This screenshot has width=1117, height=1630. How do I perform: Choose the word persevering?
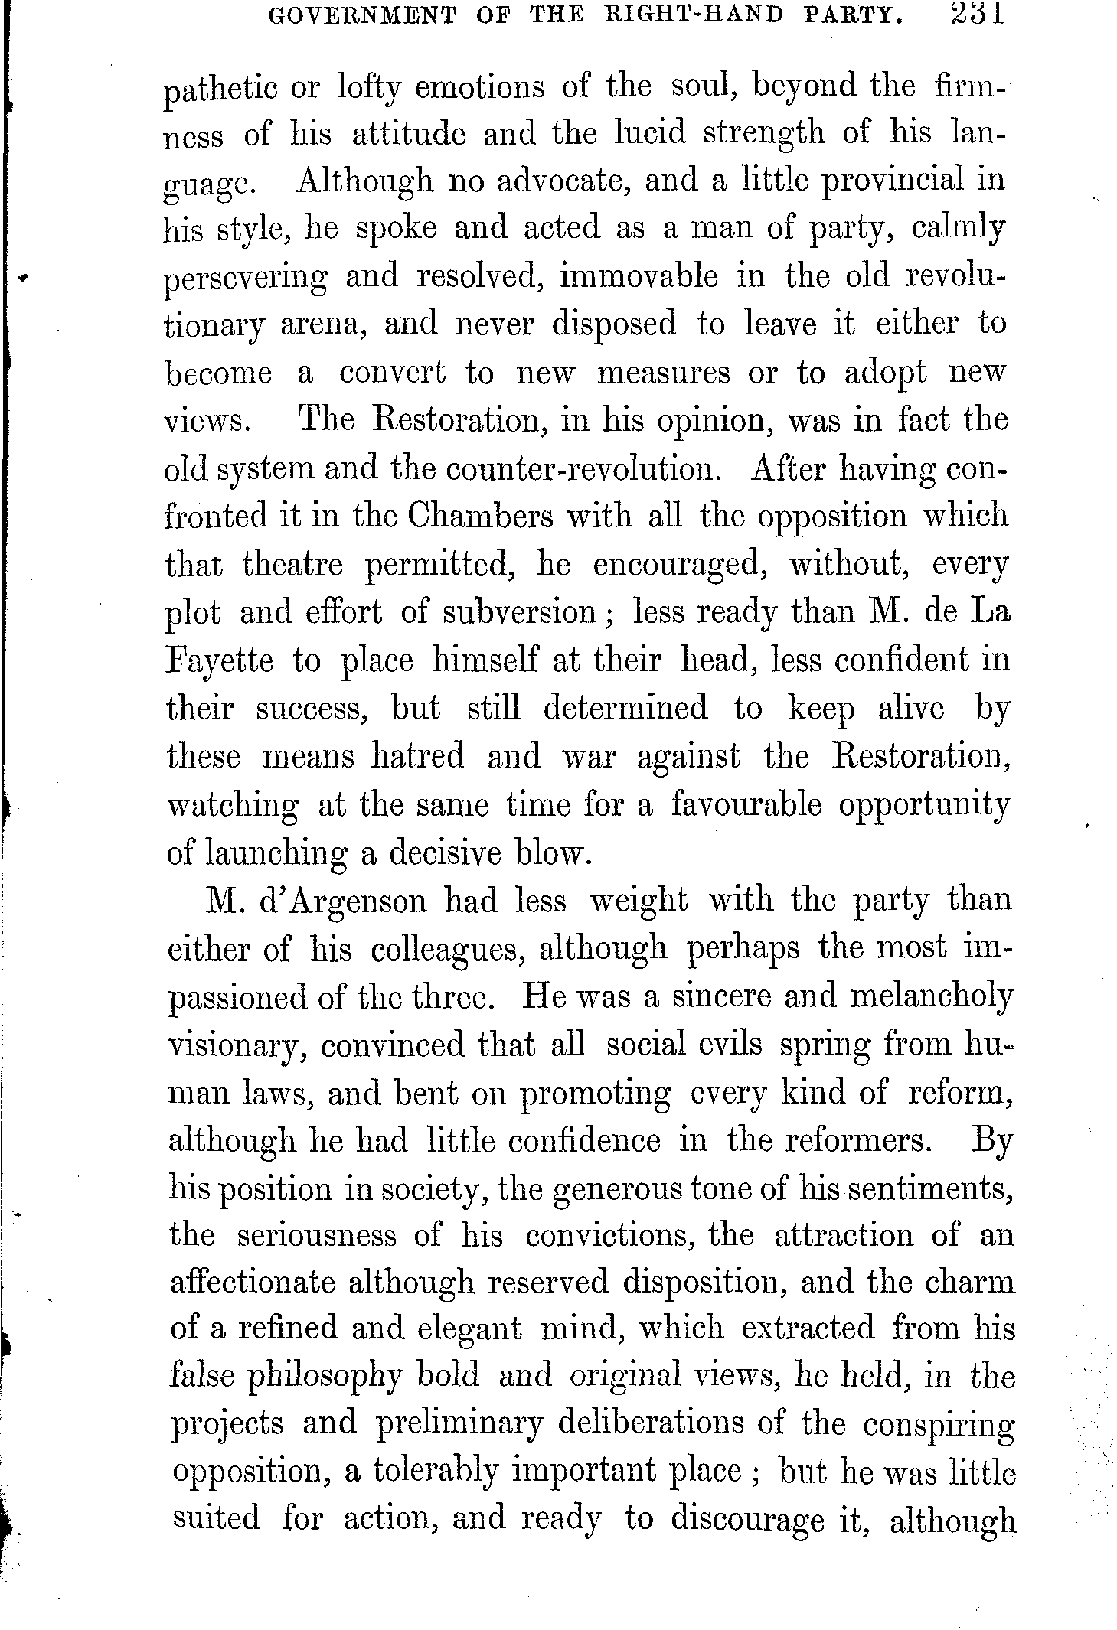coord(245,279)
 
